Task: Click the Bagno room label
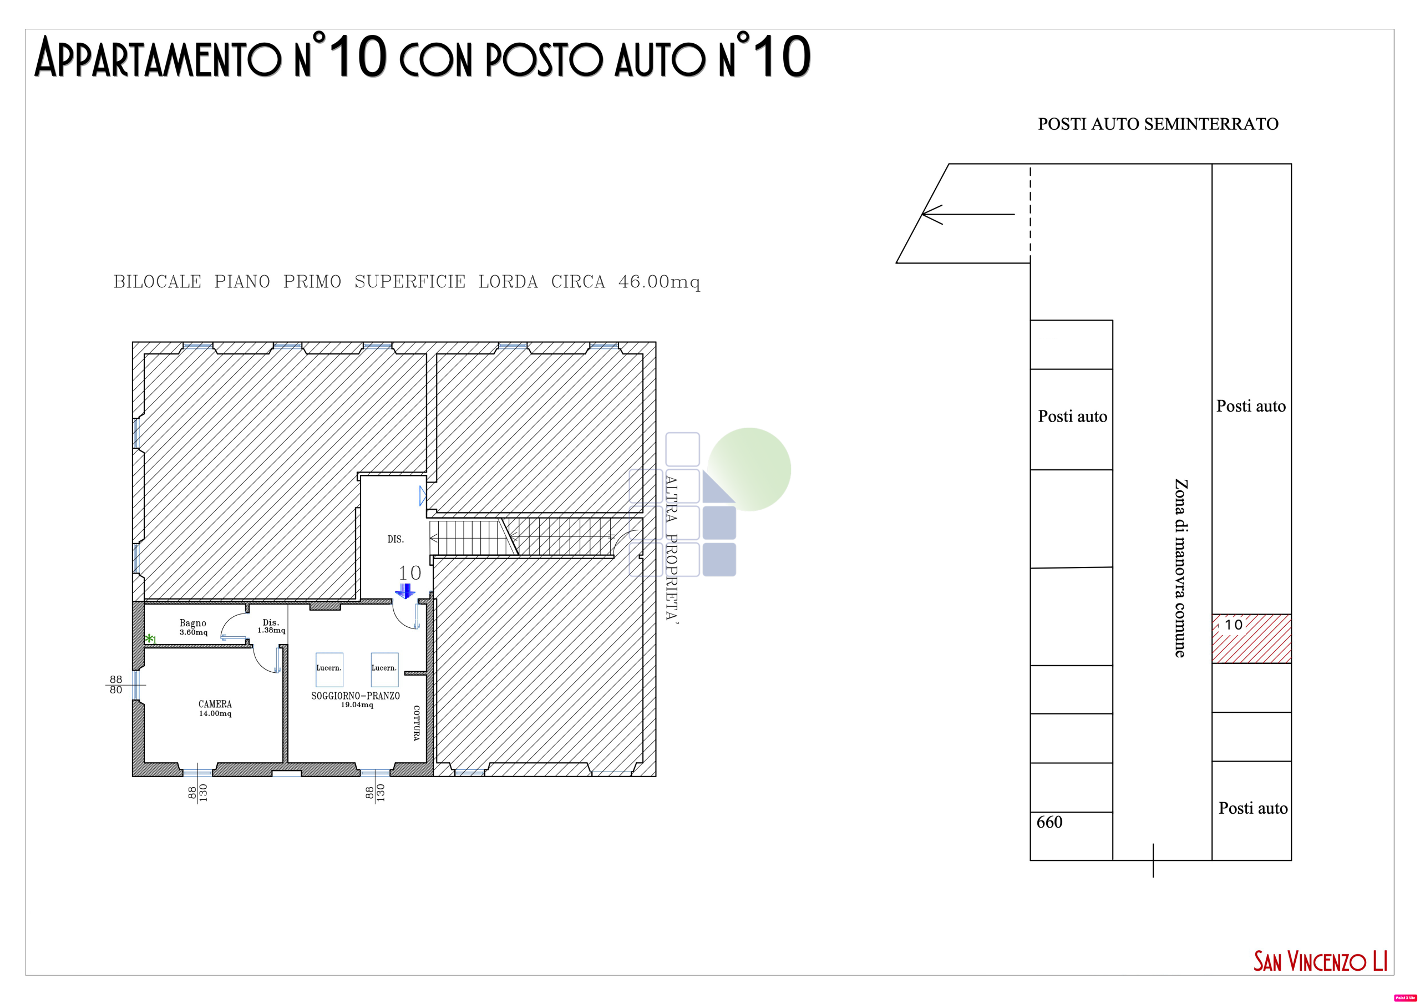point(193,623)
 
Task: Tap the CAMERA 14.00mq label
point(215,708)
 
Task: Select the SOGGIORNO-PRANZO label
point(356,696)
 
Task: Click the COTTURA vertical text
point(416,723)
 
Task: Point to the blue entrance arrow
point(405,591)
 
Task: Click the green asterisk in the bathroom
point(149,638)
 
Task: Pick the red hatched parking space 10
point(1251,638)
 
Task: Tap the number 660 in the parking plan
point(1049,822)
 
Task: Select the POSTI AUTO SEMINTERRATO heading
point(1158,124)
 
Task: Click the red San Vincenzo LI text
point(1320,962)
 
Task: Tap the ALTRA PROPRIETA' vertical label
point(672,547)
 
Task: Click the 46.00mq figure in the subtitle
point(660,282)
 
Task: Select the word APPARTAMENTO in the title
point(158,59)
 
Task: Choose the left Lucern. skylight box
point(329,670)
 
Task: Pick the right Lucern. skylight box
point(384,670)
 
